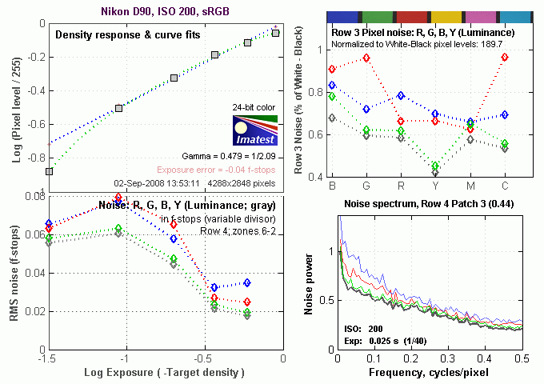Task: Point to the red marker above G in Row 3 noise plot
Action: coord(366,58)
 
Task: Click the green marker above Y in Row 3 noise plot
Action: coord(435,166)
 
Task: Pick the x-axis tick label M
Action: coord(470,186)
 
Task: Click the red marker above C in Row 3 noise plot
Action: coord(504,58)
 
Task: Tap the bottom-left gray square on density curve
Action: coord(50,171)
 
